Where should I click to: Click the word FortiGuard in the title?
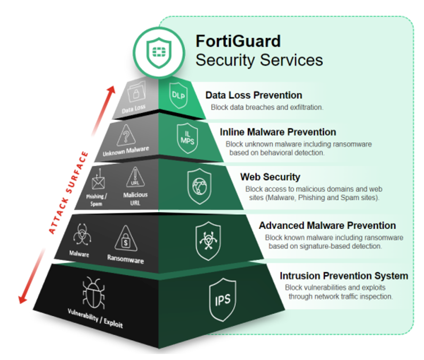(x=238, y=41)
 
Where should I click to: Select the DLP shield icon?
(x=177, y=94)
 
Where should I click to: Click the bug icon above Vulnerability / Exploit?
(x=94, y=293)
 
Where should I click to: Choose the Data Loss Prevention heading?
(x=254, y=95)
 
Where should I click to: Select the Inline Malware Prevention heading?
(x=278, y=132)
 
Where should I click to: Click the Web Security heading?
(x=270, y=177)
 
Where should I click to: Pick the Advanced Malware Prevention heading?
(x=327, y=225)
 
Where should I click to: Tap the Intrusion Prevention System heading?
(x=344, y=275)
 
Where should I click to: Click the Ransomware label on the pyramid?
(x=126, y=259)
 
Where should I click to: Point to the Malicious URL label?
(x=135, y=198)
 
